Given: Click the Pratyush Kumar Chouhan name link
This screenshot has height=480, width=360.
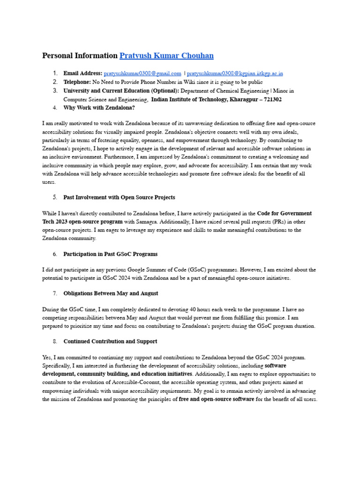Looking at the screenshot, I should point(166,56).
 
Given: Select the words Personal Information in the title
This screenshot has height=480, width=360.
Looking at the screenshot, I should point(80,56).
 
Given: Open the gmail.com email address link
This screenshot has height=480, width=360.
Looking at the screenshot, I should point(142,74).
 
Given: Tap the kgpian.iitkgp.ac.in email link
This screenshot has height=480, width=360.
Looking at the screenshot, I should point(235,74).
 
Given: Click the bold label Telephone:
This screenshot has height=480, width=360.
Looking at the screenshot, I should point(77,82).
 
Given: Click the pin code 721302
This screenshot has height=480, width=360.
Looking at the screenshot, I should point(270,99).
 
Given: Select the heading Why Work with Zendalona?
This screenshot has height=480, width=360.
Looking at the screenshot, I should point(99,108).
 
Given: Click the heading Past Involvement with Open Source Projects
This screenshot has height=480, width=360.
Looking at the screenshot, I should point(119,197).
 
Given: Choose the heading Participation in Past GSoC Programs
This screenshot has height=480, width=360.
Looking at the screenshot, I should point(110,254).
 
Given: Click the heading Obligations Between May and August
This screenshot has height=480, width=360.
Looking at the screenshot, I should point(111,293).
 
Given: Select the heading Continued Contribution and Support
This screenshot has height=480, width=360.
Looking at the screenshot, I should point(110,341).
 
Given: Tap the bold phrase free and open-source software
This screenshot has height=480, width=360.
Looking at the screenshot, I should point(217,399).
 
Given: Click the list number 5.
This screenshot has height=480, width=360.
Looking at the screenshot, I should point(55,197).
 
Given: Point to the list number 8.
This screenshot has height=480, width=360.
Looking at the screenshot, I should point(55,341).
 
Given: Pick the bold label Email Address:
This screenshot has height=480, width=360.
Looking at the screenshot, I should point(82,74).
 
